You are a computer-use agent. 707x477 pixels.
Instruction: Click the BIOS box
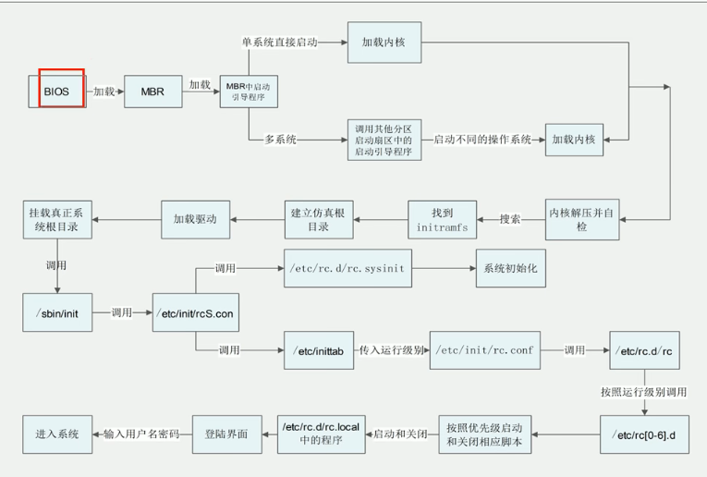point(56,92)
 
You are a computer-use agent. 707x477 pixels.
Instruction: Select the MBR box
point(152,92)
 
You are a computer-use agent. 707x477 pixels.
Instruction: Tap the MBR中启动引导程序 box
point(249,92)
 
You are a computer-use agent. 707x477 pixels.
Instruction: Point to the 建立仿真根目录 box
point(318,218)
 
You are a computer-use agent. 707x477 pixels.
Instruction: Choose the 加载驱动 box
point(195,218)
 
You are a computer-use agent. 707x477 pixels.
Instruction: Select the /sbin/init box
point(56,313)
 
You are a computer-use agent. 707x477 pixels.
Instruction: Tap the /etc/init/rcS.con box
point(193,313)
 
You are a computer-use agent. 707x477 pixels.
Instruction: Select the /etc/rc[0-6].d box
point(645,434)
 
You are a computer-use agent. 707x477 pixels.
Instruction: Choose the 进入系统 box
point(57,434)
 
